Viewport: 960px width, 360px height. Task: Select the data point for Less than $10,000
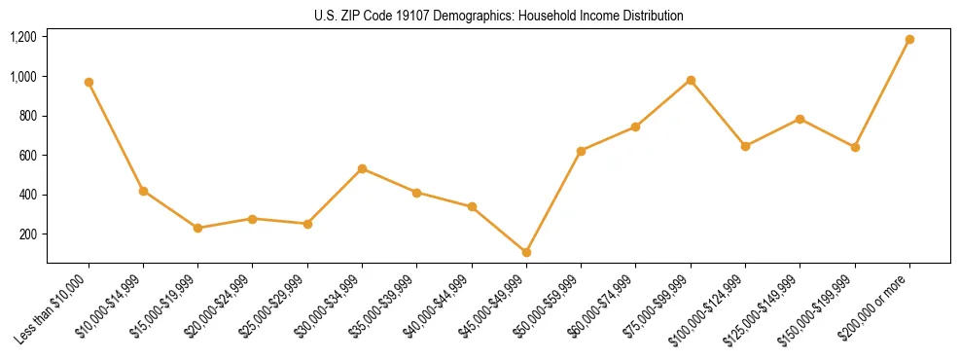89,82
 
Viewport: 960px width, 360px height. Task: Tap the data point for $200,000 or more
909,39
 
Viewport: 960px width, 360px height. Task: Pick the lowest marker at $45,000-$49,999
526,252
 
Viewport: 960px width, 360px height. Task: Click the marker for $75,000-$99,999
691,80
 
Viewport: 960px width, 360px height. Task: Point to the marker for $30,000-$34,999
362,168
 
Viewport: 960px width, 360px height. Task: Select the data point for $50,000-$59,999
581,151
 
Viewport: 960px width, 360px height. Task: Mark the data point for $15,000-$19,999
198,228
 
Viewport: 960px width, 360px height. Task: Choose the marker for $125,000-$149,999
800,119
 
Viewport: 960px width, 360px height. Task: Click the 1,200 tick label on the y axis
23,37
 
